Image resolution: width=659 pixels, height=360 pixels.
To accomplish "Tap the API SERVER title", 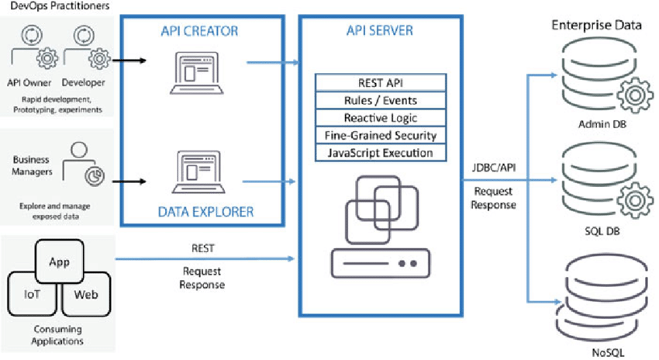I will (x=379, y=32).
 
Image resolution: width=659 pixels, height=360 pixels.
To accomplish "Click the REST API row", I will (x=379, y=83).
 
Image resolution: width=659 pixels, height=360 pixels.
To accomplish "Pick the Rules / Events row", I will (x=379, y=100).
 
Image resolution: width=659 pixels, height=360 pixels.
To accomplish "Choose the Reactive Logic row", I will (x=379, y=118).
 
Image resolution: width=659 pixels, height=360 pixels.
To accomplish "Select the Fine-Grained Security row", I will (x=379, y=135).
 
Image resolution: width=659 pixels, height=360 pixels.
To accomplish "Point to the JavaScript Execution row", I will (x=379, y=153).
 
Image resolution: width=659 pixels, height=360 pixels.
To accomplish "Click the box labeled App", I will (x=59, y=262).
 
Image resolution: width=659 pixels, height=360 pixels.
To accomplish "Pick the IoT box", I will (x=32, y=294).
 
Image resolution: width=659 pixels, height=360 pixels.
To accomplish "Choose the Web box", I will (x=85, y=294).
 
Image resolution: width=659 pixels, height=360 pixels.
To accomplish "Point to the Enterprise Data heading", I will (x=595, y=25).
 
